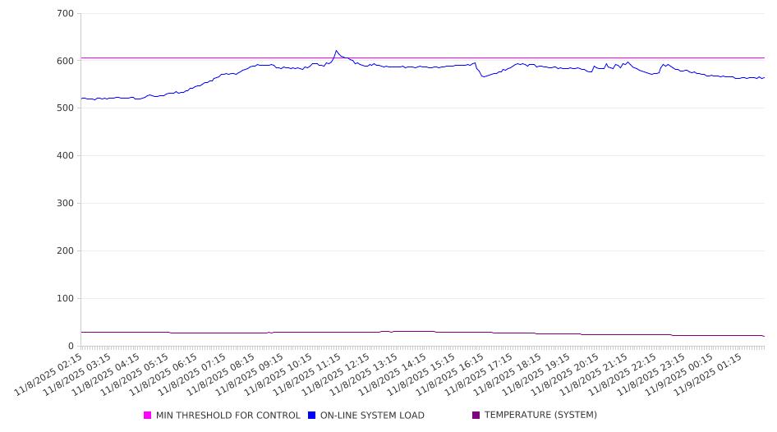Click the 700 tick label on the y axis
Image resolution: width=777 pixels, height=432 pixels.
pyautogui.click(x=66, y=14)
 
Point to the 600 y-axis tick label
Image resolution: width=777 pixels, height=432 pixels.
pyautogui.click(x=66, y=61)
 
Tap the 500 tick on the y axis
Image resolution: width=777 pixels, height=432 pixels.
pyautogui.click(x=66, y=108)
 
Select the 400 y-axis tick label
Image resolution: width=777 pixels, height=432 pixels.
pyautogui.click(x=66, y=156)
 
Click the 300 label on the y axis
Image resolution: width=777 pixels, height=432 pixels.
pyautogui.click(x=66, y=204)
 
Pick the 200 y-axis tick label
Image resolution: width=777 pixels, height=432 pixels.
pyautogui.click(x=66, y=251)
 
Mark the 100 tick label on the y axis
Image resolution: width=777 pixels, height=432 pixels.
pyautogui.click(x=66, y=299)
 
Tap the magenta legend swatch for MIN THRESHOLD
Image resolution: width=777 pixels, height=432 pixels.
pyautogui.click(x=148, y=416)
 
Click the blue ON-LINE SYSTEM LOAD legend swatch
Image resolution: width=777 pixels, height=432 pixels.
pyautogui.click(x=312, y=416)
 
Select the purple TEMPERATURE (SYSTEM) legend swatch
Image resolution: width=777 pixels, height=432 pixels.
pyautogui.click(x=476, y=416)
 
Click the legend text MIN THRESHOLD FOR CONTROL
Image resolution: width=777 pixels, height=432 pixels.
pyautogui.click(x=228, y=416)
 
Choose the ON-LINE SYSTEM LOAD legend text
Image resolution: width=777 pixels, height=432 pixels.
pyautogui.click(x=372, y=416)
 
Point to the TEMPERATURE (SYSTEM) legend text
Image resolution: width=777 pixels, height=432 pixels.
pyautogui.click(x=540, y=416)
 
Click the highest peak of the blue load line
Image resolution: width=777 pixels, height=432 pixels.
pyautogui.click(x=336, y=51)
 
